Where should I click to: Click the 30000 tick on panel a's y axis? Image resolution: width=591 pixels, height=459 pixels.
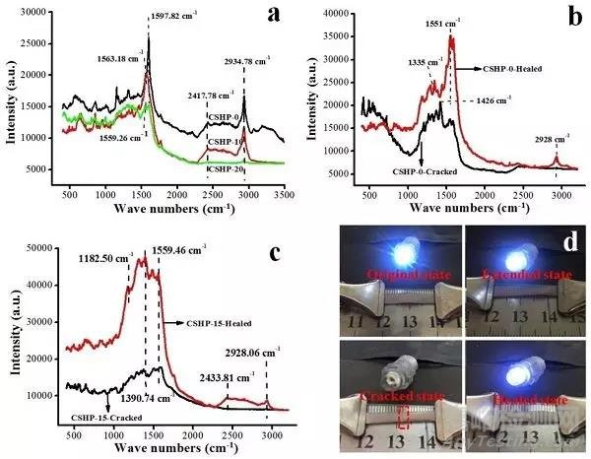tap(35, 13)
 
